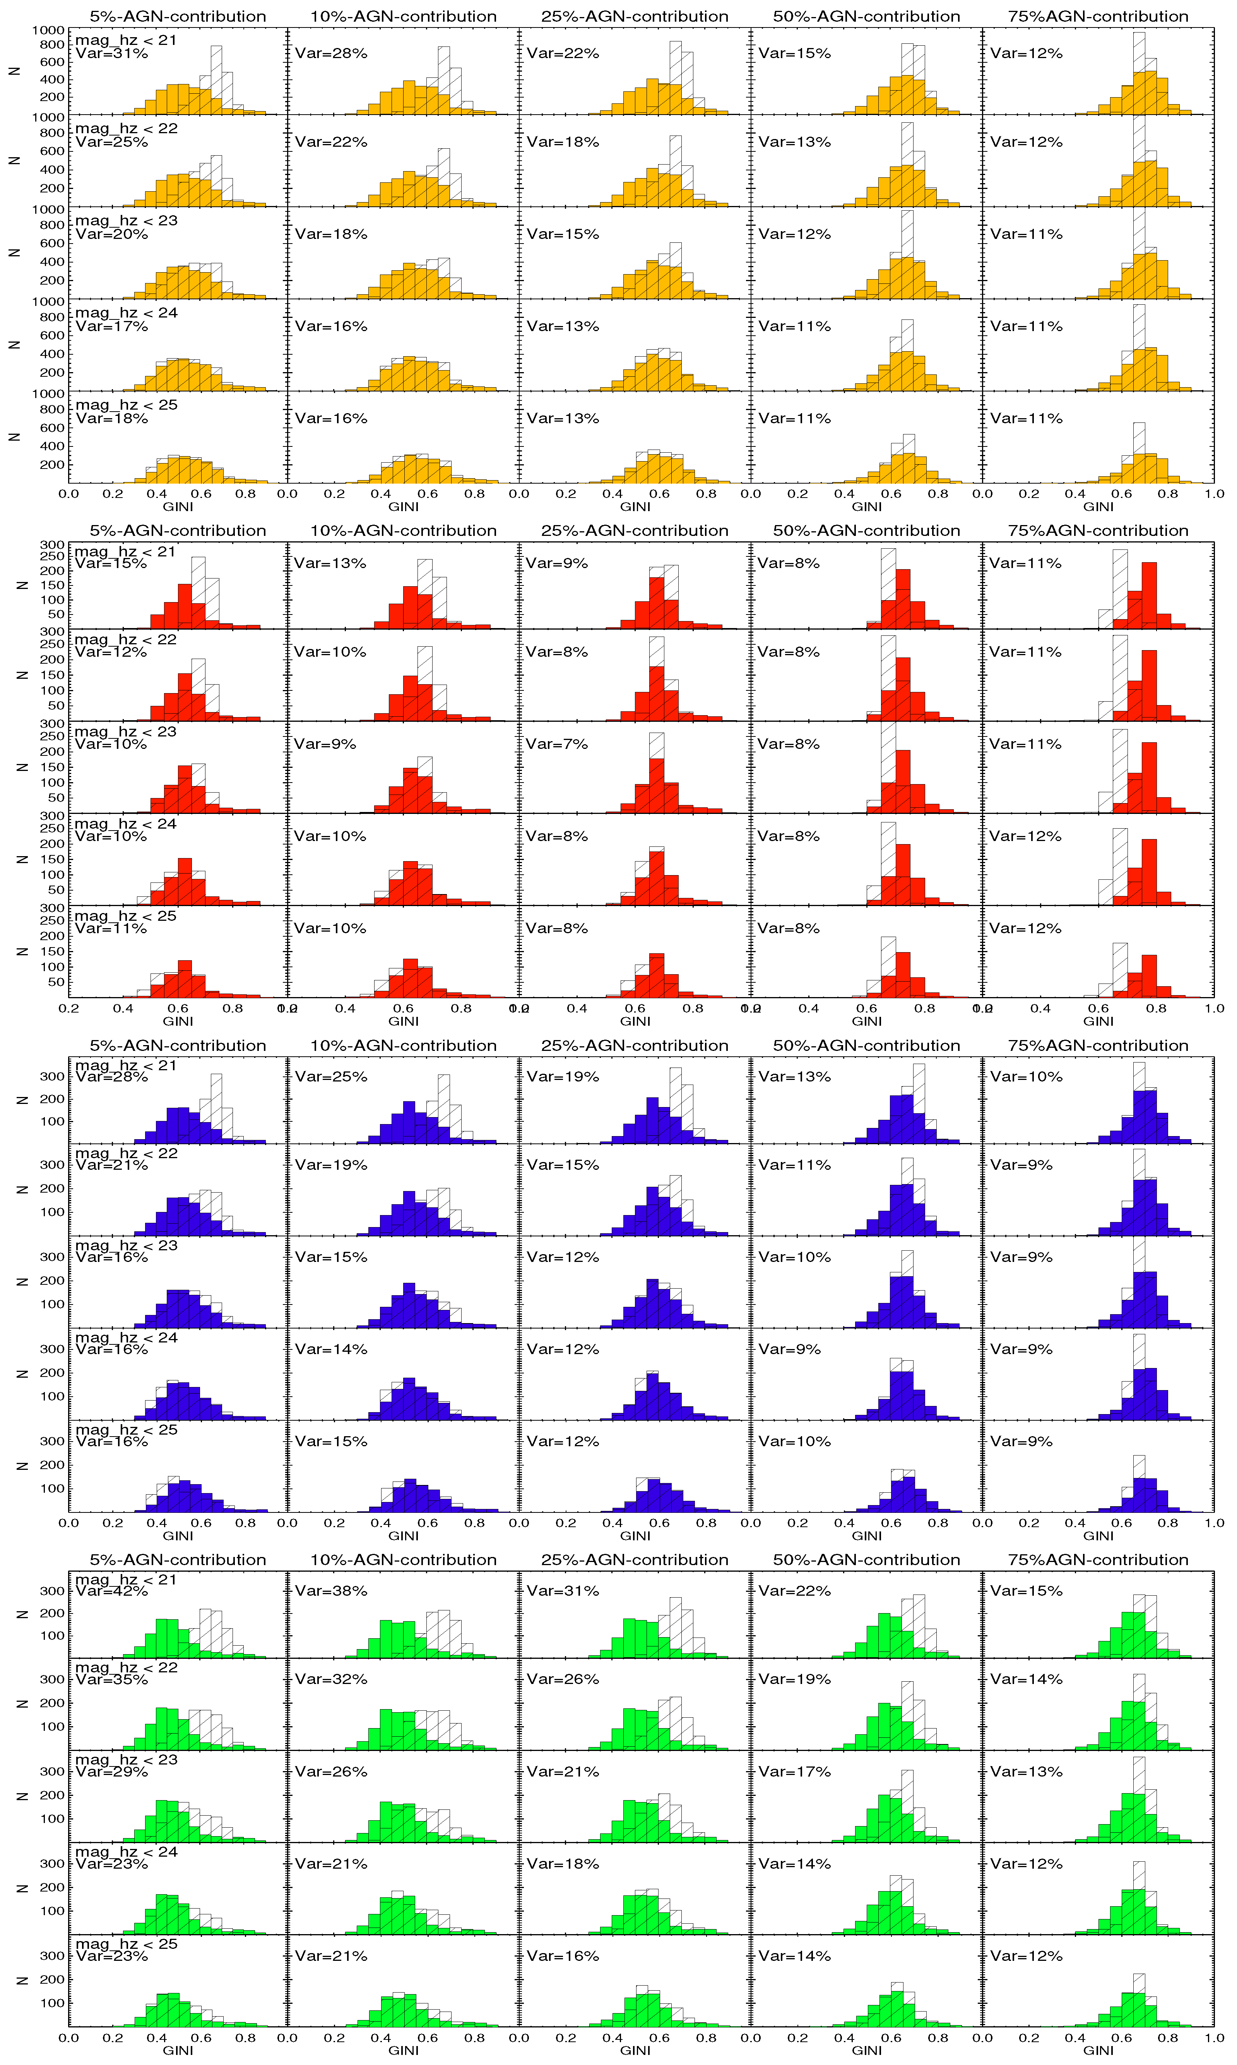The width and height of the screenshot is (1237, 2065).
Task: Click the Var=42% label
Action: point(112,1591)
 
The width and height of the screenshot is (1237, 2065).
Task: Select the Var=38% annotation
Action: point(331,1591)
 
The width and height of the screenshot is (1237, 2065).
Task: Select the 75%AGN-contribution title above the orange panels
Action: point(1098,17)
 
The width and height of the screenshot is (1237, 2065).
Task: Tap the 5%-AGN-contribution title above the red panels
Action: point(178,531)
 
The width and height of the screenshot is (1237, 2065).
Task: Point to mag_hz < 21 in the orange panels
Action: point(126,40)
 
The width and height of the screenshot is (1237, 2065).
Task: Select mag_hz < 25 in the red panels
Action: point(126,916)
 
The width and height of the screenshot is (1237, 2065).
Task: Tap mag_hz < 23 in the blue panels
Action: point(126,1245)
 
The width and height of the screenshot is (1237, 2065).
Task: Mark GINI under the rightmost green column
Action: point(1098,2050)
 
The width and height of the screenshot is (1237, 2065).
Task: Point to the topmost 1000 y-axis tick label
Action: point(48,31)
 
